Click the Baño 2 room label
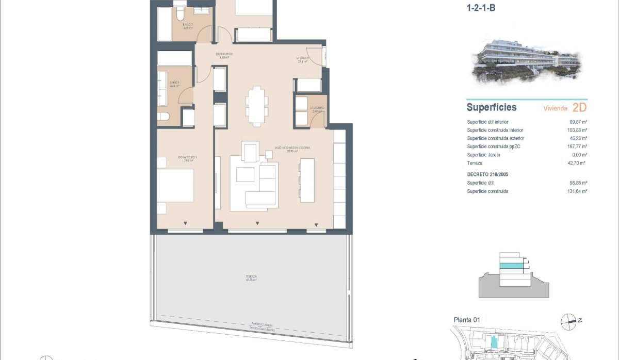[x=188, y=26]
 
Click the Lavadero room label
[x=316, y=109]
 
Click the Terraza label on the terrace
[x=251, y=278]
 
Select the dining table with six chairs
[x=256, y=106]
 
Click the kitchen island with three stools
[x=307, y=180]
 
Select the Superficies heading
[x=491, y=108]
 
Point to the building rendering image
[x=526, y=62]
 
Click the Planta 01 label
[x=467, y=320]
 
